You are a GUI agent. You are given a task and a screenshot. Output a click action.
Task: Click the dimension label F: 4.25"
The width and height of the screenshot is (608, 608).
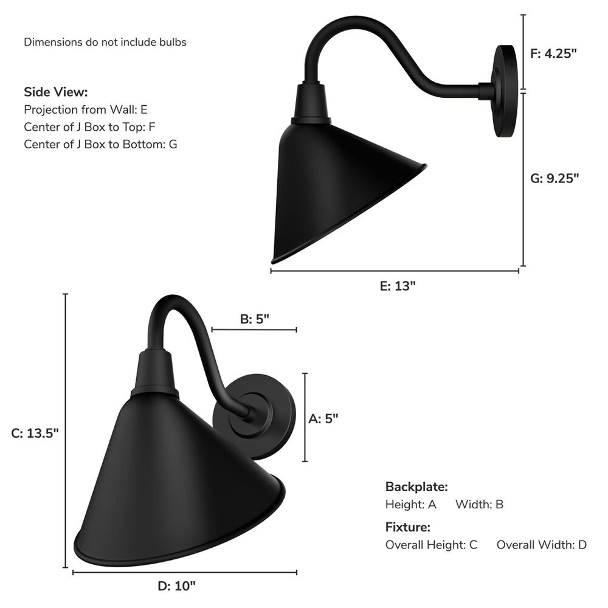tap(553, 54)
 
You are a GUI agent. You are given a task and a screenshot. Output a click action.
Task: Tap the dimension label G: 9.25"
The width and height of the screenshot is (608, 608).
tap(554, 178)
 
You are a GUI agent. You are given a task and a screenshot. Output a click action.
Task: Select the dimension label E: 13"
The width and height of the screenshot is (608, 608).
tap(398, 286)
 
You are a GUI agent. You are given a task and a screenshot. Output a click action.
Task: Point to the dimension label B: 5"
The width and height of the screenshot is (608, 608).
tap(254, 319)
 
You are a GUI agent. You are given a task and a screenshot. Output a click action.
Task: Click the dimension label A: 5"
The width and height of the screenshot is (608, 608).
tap(323, 419)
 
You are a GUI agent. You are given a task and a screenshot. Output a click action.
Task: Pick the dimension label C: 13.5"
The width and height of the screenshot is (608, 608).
tap(35, 433)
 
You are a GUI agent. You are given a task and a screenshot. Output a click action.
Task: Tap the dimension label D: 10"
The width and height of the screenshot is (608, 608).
tap(176, 586)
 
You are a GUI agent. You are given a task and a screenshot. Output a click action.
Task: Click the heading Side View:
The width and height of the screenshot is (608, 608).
tap(56, 92)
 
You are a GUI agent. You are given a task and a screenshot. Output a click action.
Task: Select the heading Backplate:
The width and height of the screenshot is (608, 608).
tap(416, 486)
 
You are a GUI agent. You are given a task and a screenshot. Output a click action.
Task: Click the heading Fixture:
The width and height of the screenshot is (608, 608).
tap(407, 527)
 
